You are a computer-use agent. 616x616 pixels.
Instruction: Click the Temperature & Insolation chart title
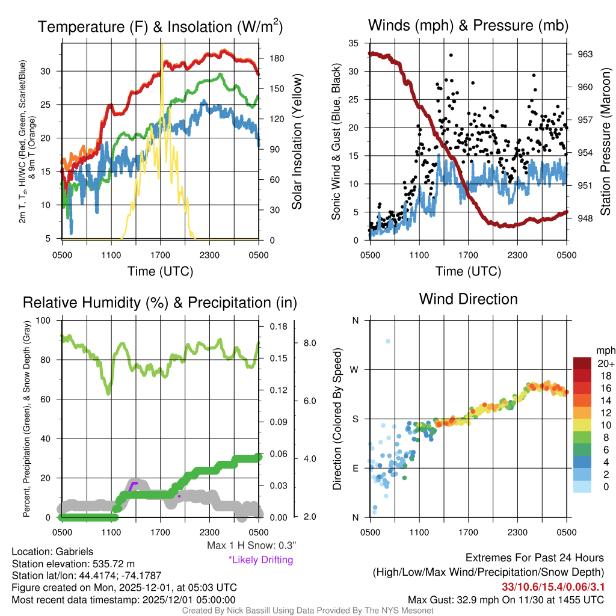(x=160, y=26)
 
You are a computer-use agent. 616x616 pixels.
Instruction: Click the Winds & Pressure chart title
(x=468, y=25)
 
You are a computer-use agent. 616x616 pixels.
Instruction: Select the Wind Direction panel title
(x=468, y=299)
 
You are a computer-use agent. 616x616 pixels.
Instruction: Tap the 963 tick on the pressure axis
(x=585, y=54)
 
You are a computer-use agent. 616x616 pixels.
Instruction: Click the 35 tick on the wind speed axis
(x=354, y=43)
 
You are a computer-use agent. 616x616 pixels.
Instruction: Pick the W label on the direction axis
(x=355, y=369)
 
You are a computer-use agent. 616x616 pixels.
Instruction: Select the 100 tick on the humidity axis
(x=43, y=321)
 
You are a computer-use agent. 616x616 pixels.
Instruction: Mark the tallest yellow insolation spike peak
(x=161, y=45)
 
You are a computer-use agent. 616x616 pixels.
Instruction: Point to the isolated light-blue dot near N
(x=388, y=341)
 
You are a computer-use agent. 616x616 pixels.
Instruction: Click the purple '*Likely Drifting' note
(x=260, y=559)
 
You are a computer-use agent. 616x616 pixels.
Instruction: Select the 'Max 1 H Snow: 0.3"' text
(x=251, y=546)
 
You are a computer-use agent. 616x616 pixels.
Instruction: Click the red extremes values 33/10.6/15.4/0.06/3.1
(x=553, y=586)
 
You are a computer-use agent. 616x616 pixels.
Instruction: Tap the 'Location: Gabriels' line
(x=52, y=552)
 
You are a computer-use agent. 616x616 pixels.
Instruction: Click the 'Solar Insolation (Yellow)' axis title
(x=297, y=142)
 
